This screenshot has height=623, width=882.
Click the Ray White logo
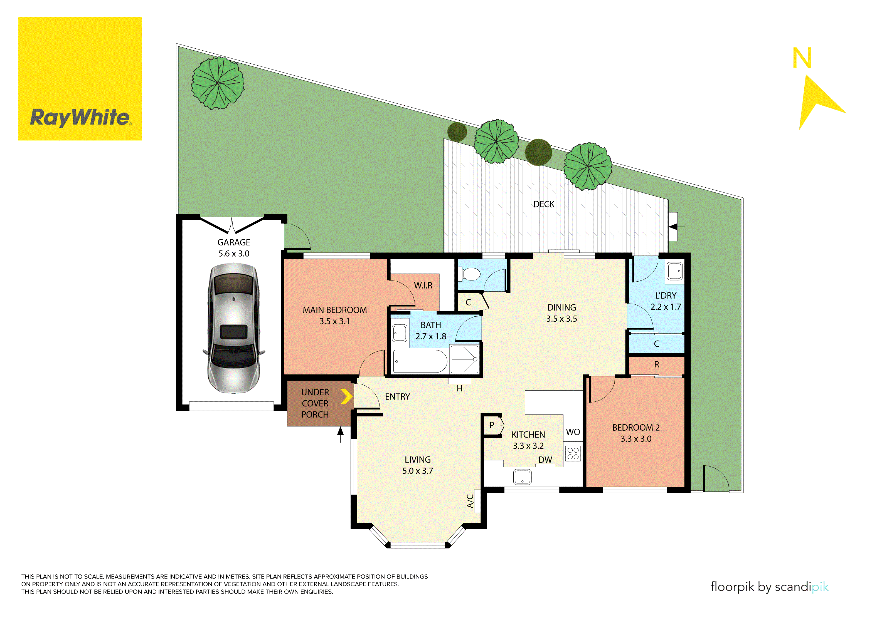80,78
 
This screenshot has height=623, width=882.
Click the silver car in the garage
233,328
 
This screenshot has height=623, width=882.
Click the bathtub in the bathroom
420,361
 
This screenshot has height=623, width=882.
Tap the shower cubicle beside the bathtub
464,359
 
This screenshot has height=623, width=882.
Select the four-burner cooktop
573,453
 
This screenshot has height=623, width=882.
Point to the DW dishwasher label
545,460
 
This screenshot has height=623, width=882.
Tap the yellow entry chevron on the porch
346,396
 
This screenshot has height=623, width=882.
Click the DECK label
544,204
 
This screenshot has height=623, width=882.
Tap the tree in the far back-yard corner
218,83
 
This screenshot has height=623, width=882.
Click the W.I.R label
423,286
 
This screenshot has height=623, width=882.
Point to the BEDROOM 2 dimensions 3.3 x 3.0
636,439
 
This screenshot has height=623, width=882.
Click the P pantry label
491,425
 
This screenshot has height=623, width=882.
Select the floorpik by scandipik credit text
769,587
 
